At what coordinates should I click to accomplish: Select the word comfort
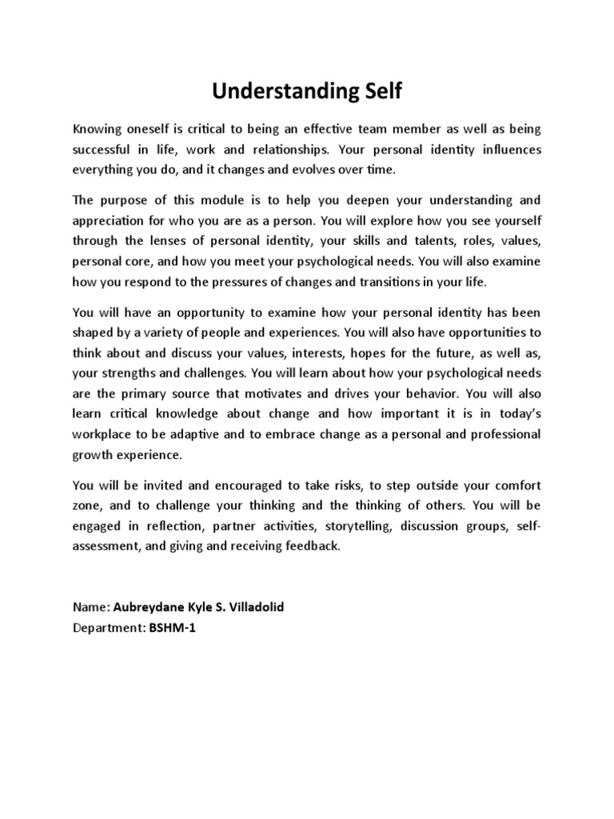[514, 485]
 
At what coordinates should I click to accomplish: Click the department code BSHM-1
[172, 628]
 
